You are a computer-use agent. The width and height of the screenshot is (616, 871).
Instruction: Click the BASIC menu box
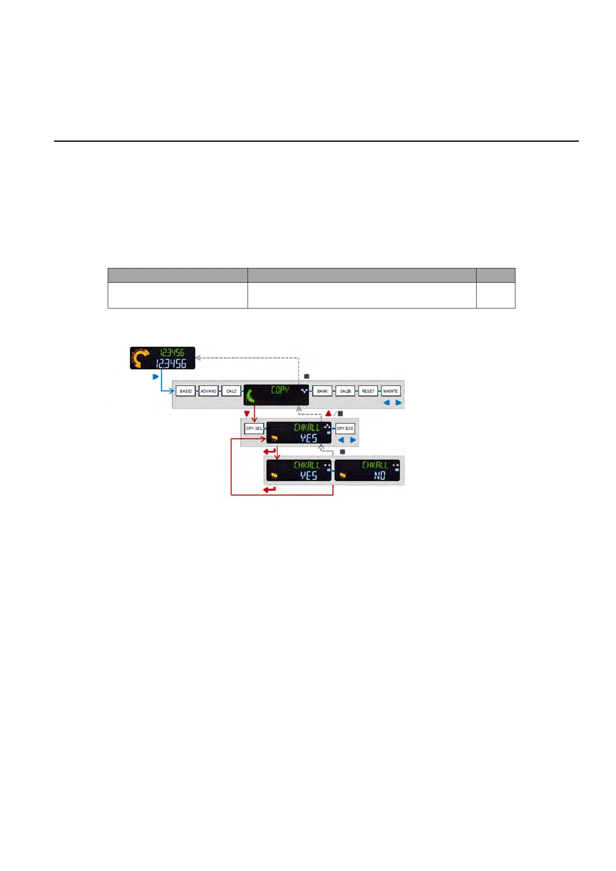point(185,391)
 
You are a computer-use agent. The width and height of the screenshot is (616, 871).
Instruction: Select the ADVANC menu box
point(208,391)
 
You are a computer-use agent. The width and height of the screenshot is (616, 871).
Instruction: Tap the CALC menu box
point(231,391)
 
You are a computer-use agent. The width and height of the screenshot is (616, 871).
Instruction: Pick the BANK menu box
point(322,391)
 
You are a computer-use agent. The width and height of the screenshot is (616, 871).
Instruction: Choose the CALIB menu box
point(345,391)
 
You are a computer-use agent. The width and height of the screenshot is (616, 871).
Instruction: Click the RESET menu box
point(368,391)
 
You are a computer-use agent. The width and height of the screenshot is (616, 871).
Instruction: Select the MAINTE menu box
point(390,391)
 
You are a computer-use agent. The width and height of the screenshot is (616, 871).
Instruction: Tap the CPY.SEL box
point(254,428)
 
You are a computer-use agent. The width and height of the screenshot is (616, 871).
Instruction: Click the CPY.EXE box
point(345,428)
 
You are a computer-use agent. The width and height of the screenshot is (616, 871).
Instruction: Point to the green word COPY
point(280,390)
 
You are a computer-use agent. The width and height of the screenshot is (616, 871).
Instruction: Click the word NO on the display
point(379,476)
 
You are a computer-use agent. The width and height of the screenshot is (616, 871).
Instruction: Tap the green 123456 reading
point(172,352)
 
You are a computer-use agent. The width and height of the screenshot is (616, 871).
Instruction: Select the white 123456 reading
point(171,364)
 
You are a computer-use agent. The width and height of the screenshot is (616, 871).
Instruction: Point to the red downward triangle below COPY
point(247,414)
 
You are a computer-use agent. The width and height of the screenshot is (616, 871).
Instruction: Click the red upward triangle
point(328,413)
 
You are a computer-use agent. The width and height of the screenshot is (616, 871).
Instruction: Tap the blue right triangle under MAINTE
point(398,403)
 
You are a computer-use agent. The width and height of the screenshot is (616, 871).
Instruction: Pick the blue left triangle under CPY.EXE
point(341,440)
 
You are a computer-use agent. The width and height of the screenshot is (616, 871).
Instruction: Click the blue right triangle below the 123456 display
point(155,377)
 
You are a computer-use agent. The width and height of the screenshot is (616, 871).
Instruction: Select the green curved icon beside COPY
point(250,396)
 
